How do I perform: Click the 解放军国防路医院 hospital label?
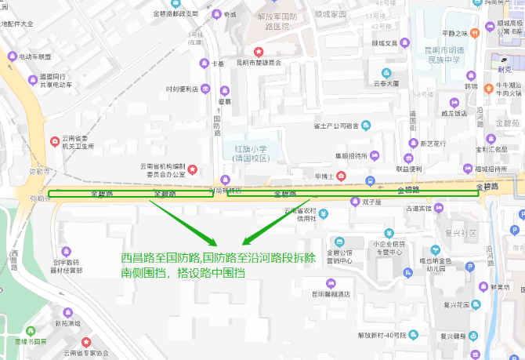pyautogui.click(x=266, y=21)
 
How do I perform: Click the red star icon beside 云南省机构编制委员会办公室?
pyautogui.click(x=193, y=169)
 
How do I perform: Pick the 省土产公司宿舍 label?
pyautogui.click(x=336, y=125)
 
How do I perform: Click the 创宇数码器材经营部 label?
pyautogui.click(x=68, y=266)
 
